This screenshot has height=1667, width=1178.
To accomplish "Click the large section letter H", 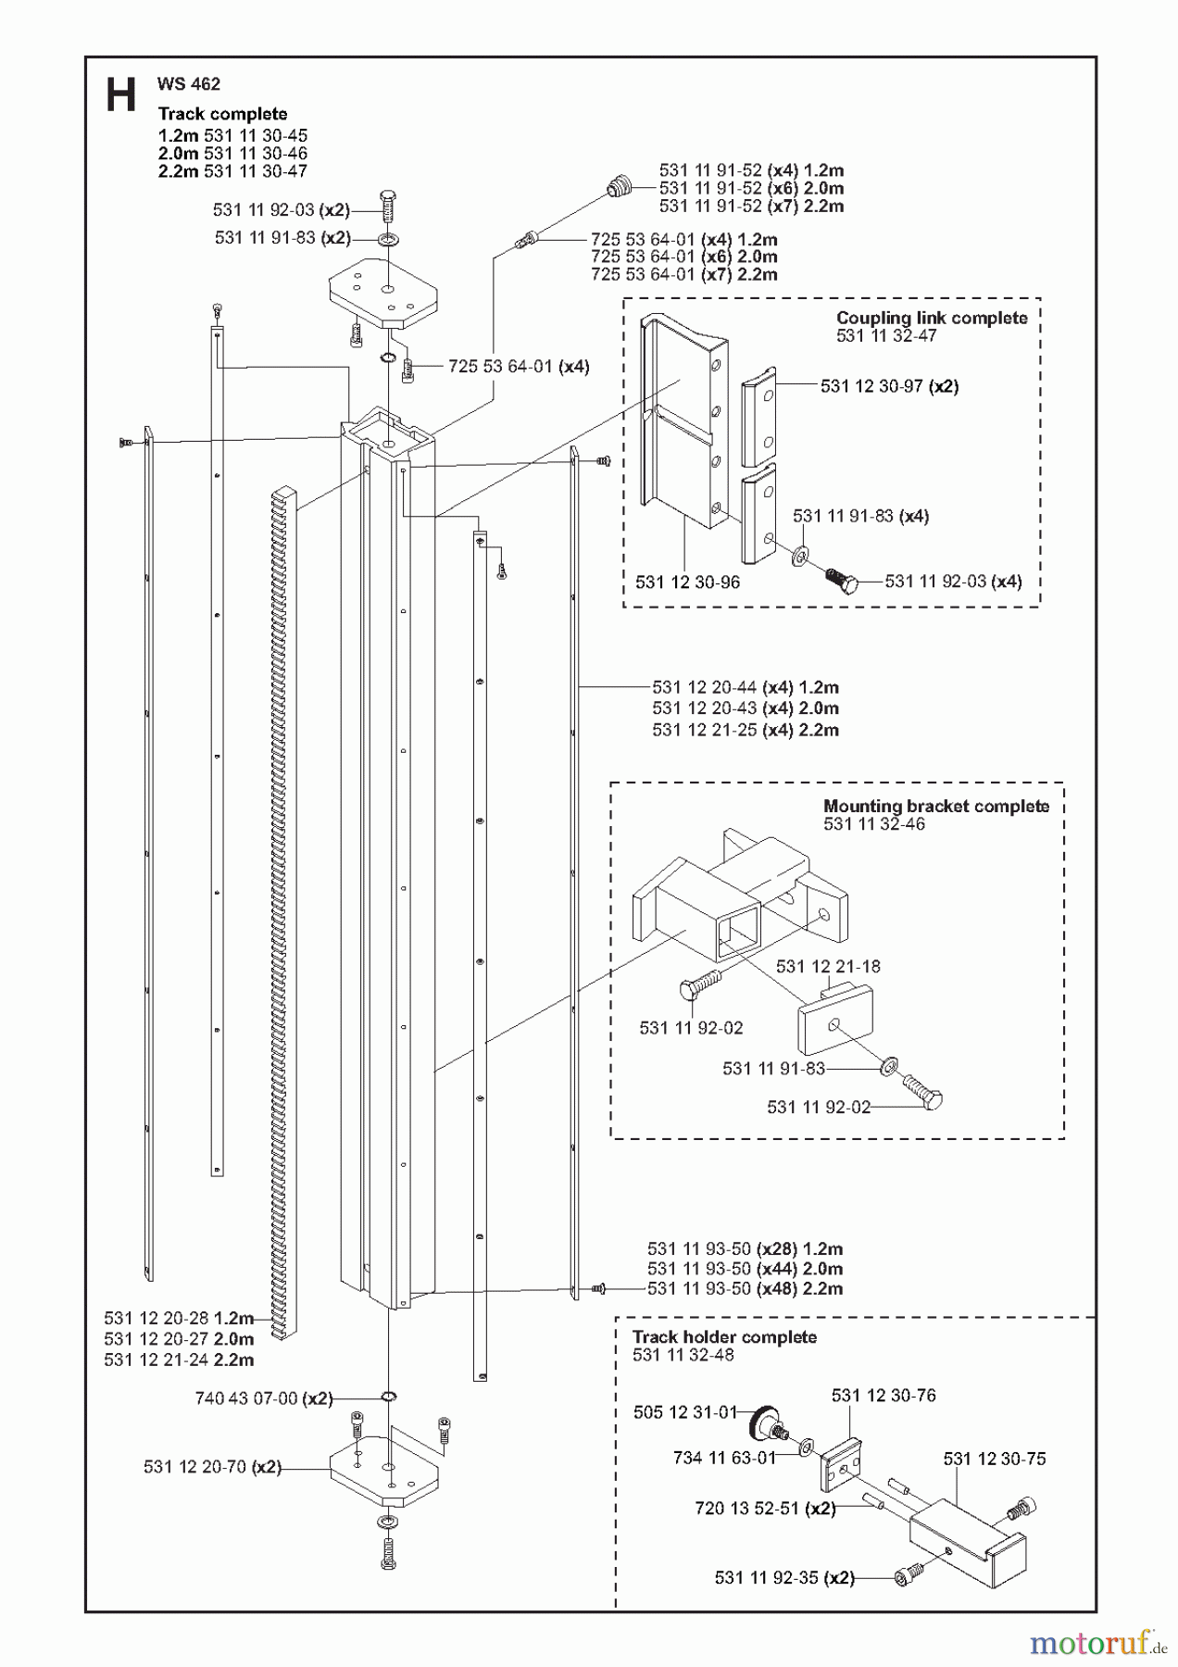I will pos(121,95).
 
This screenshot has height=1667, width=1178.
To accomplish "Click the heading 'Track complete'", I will pos(222,114).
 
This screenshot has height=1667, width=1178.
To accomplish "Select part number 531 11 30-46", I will pos(256,154).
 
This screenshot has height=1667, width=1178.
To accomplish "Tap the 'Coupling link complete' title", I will pos(932,318).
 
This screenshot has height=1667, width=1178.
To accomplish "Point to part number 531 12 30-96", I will pos(687,583).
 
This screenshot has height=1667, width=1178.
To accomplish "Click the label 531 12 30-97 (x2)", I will pos(889,386).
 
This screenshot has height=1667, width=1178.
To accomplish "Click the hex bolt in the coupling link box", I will pos(842,580).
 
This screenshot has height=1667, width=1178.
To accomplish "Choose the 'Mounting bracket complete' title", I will pos(936,806).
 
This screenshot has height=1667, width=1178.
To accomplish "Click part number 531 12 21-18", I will pos(828,966).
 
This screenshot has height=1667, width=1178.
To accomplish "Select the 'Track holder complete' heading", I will pos(724,1337).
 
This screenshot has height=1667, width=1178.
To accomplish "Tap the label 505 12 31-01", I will pos(685,1412).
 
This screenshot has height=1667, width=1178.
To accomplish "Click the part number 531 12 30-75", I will pos(995,1459).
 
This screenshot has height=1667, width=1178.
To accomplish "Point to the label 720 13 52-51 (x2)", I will pos(765,1509).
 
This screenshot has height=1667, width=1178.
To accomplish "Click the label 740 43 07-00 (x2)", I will pos(264,1398).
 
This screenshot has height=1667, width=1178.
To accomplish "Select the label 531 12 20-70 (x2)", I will pos(212,1467).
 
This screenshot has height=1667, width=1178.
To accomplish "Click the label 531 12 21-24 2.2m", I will pos(179,1360).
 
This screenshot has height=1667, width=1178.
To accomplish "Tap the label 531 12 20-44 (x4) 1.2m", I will pos(746,687).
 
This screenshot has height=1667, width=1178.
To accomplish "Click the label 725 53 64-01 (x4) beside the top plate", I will pos(519,367).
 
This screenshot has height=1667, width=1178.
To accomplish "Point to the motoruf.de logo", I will pos(1097,1642).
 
